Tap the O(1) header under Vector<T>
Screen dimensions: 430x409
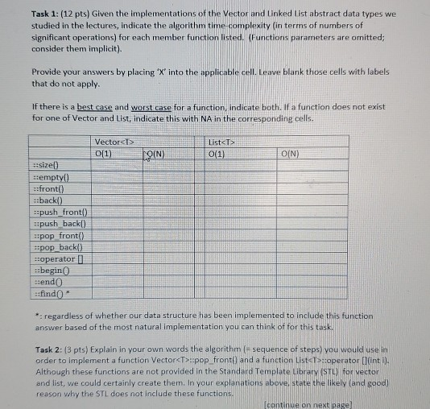pyautogui.click(x=104, y=152)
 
